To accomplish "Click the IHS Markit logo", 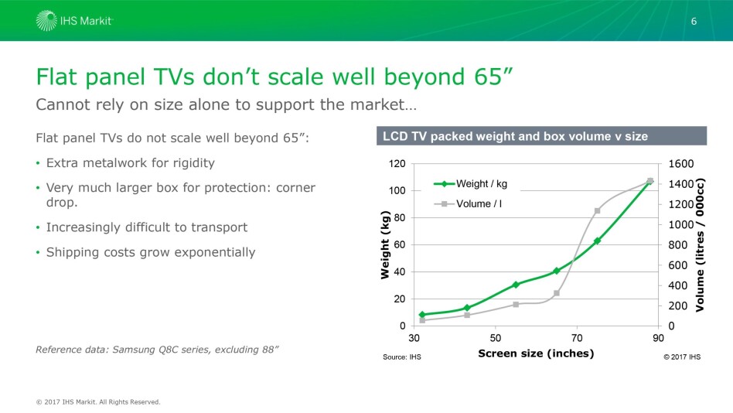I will click(74, 21).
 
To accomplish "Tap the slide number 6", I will click(694, 21).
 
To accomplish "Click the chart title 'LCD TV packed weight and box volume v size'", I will click(515, 137).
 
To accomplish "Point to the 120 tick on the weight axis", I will click(397, 164).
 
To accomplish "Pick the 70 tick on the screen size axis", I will click(577, 338).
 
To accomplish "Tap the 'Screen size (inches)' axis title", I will click(536, 353).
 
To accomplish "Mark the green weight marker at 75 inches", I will click(597, 241).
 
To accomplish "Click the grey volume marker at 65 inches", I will click(557, 293).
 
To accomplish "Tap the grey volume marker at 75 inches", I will click(597, 210).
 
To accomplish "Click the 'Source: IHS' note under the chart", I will click(402, 357).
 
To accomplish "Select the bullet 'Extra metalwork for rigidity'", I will click(130, 163).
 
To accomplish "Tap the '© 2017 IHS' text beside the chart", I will click(682, 357).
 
